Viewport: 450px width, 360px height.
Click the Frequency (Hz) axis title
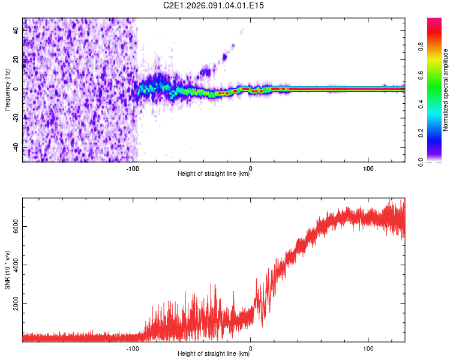pyautogui.click(x=7, y=90)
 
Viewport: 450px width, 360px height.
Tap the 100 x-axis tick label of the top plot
pyautogui.click(x=367, y=169)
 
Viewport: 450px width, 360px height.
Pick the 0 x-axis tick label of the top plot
pyautogui.click(x=250, y=169)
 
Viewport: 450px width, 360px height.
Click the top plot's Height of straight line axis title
pyautogui.click(x=214, y=175)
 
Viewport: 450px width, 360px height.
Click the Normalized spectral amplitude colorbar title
pyautogui.click(x=446, y=90)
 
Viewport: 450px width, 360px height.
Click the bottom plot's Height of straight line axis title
pyautogui.click(x=214, y=354)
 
